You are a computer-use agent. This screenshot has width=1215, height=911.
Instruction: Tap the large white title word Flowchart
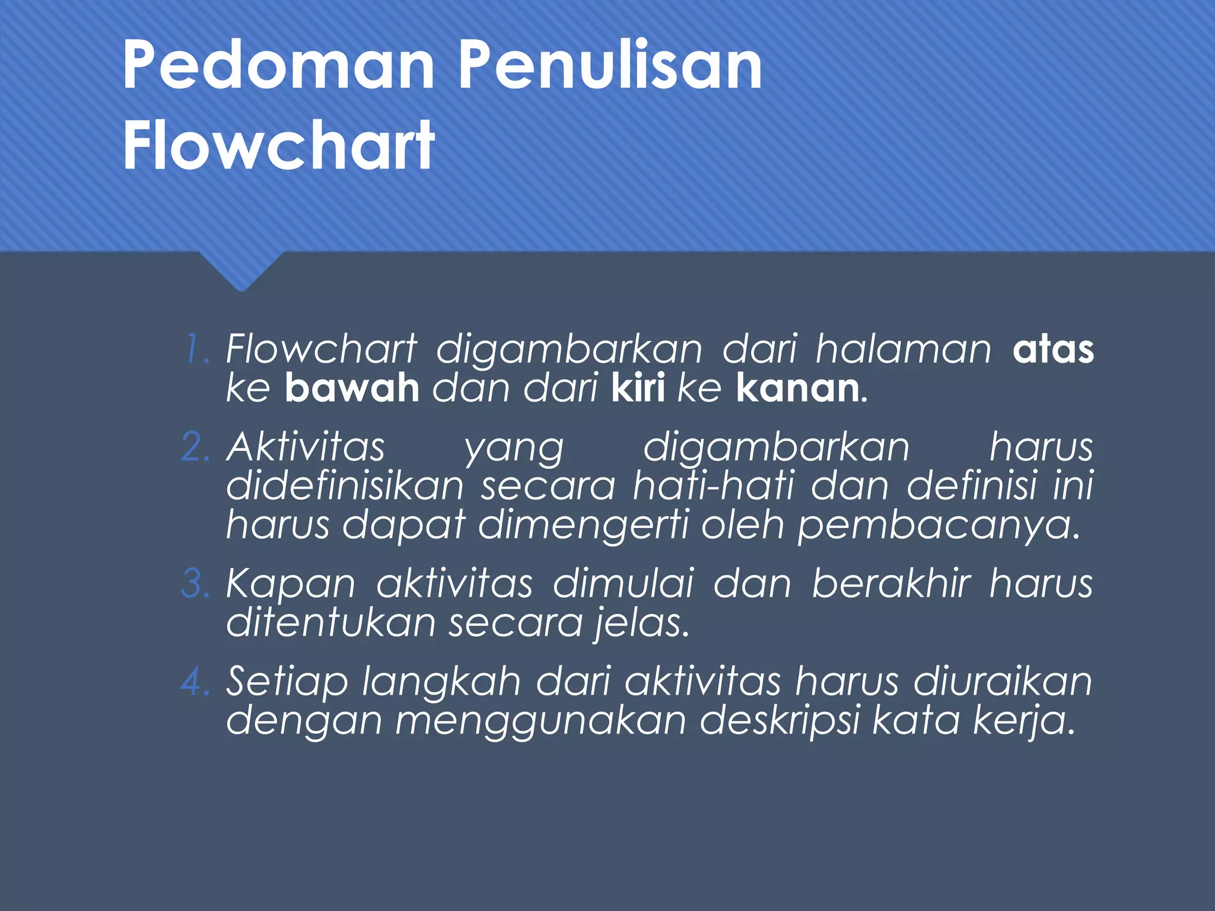coord(279,145)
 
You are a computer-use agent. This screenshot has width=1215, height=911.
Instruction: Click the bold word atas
coord(1053,350)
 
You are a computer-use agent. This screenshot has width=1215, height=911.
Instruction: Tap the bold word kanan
coord(798,389)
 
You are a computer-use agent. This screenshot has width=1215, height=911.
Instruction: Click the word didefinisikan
coord(345,486)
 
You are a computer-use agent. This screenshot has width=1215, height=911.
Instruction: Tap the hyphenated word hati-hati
coord(714,486)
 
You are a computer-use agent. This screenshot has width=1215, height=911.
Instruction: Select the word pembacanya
coord(938,526)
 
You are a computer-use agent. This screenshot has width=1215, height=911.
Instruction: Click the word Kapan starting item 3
coord(291,584)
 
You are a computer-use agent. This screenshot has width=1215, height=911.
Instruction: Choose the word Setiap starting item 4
coord(287,682)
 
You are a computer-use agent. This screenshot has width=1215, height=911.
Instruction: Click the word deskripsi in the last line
coord(780,721)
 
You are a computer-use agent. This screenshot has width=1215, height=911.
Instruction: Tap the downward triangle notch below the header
coord(241,272)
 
